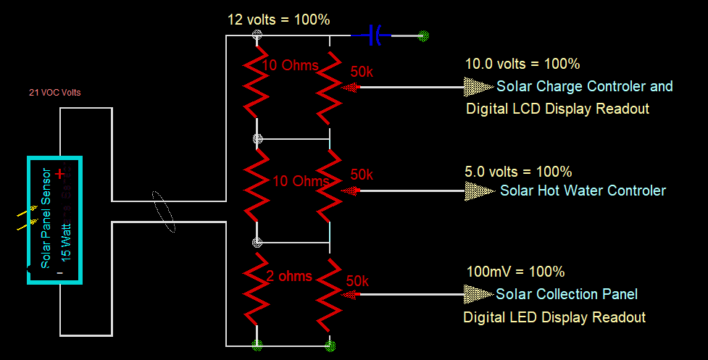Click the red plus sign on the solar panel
(x=60, y=174)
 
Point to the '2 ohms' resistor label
(x=289, y=276)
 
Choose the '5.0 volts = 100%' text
(x=518, y=172)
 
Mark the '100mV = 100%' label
(x=515, y=272)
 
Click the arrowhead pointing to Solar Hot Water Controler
(x=478, y=191)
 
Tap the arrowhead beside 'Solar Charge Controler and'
(x=478, y=87)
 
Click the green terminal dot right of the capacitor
(x=425, y=35)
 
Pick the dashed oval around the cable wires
(x=164, y=212)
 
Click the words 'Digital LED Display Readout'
(x=554, y=317)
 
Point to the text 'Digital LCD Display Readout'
(x=557, y=109)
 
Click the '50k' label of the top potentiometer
(x=362, y=73)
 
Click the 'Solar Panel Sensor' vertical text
(x=46, y=218)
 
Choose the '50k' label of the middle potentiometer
(x=362, y=175)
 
